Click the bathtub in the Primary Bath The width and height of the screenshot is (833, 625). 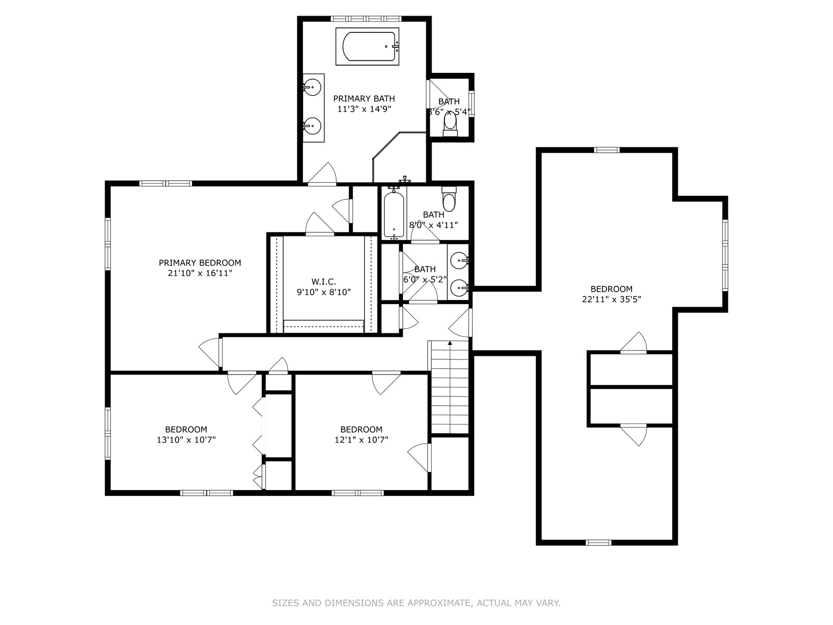pos(367,46)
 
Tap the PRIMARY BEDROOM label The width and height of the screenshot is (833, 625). pos(200,263)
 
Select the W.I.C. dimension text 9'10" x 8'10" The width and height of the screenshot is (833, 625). pos(324,292)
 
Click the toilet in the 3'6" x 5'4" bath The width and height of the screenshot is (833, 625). pos(450,123)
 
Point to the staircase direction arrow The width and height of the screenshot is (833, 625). pos(450,343)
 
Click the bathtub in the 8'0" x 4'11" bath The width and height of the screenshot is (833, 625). pos(394,214)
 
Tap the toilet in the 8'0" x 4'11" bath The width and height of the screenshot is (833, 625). pos(449,199)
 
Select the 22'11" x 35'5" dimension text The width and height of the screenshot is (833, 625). pos(611,299)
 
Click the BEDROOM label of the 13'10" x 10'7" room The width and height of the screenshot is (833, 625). pos(186,429)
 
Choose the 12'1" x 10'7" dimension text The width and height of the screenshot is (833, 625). pos(361,440)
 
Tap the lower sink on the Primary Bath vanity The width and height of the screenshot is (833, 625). pos(312,126)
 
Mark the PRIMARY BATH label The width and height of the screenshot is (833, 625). pos(364,98)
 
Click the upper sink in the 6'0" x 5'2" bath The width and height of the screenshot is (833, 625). pos(459,259)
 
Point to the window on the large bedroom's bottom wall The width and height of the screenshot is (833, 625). pos(598,542)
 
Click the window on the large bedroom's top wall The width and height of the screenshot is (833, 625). pos(607,150)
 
